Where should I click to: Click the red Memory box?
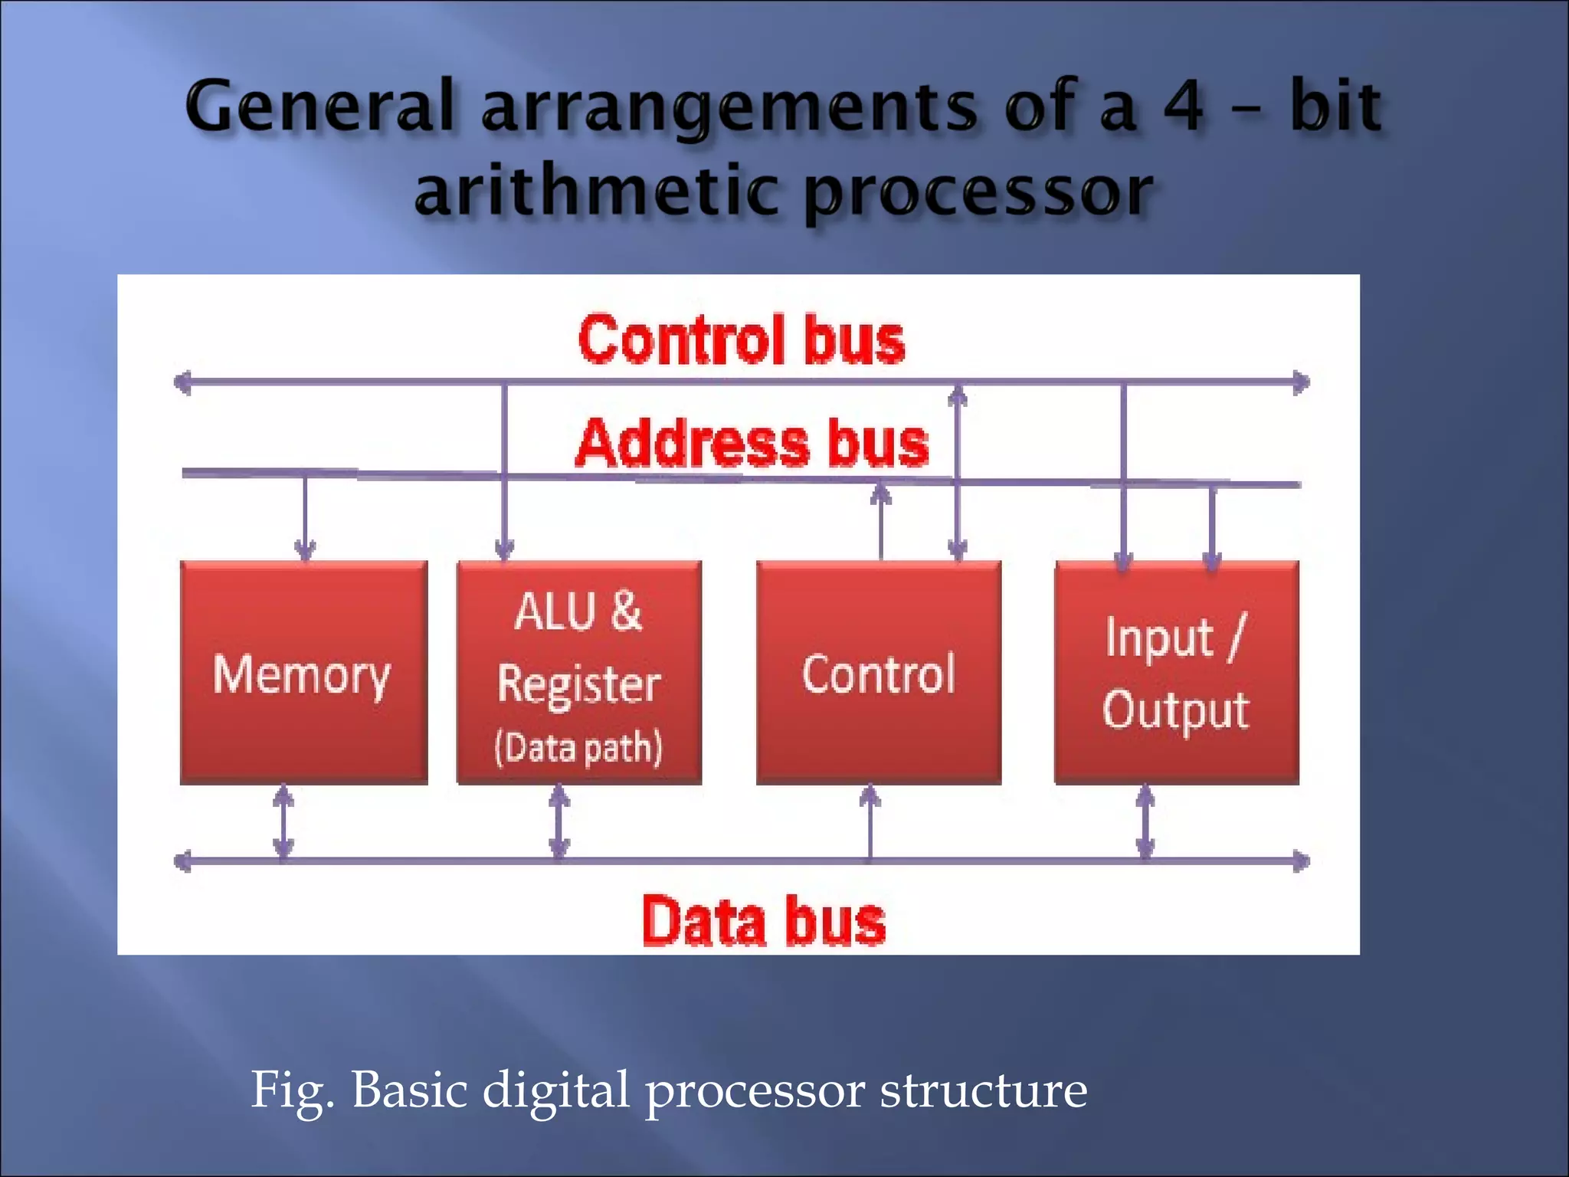(x=303, y=673)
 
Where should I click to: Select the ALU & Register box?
(x=579, y=673)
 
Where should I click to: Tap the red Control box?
(x=879, y=673)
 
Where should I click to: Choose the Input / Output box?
(x=1177, y=673)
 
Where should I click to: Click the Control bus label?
(x=742, y=339)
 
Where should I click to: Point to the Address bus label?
(x=752, y=444)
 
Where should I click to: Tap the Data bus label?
(x=764, y=921)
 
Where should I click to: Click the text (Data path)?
(x=578, y=747)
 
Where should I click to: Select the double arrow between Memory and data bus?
(x=283, y=821)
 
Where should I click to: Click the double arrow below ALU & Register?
(x=559, y=821)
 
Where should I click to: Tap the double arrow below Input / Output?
(x=1145, y=821)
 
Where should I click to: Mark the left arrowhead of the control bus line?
(x=182, y=382)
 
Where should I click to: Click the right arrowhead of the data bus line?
(x=1301, y=861)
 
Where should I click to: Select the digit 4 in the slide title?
(x=1184, y=107)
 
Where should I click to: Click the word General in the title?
(x=322, y=107)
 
